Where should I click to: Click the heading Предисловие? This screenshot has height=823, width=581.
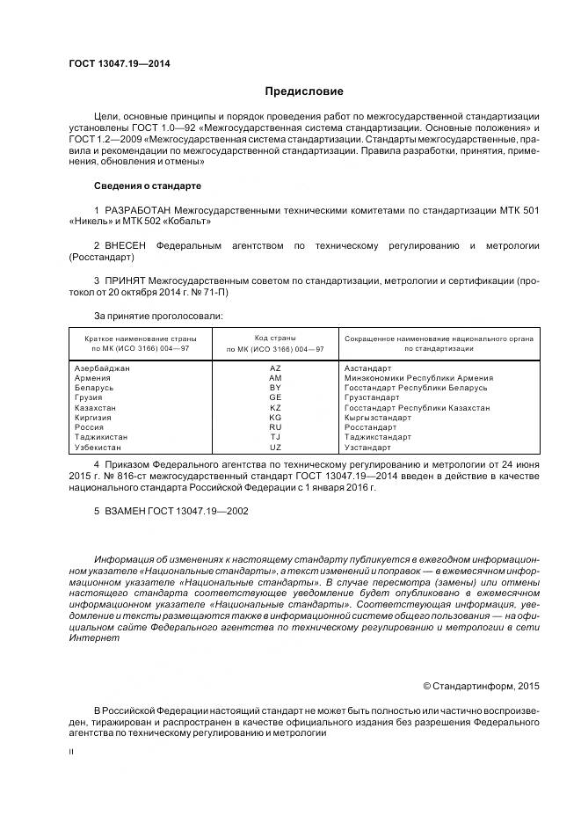[304, 91]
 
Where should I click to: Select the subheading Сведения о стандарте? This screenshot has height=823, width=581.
[148, 186]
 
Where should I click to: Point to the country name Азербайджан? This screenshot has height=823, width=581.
[103, 368]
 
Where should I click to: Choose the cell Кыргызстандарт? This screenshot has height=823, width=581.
[379, 418]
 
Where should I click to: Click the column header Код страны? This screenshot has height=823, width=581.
[275, 338]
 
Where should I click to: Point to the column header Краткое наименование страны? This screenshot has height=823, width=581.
[141, 338]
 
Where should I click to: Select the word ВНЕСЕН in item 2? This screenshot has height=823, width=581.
[127, 245]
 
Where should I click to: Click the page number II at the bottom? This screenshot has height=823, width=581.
[72, 753]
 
